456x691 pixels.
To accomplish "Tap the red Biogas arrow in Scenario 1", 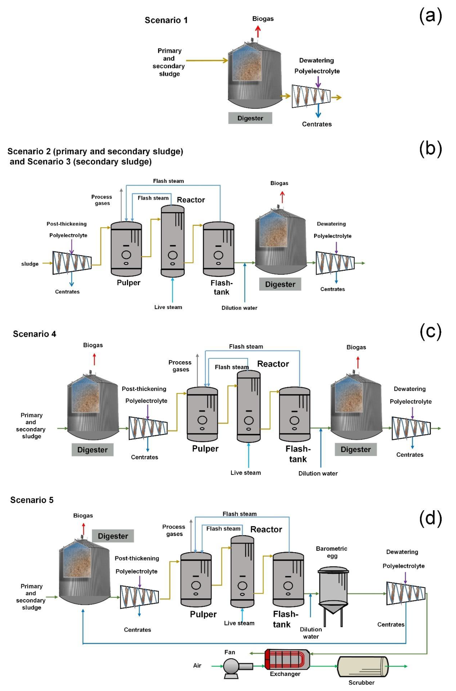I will (258, 31).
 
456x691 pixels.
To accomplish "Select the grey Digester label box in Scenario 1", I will (250, 118).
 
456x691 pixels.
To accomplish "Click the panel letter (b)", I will (430, 149).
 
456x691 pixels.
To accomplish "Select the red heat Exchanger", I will (287, 660).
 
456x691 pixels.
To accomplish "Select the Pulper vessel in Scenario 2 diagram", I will (126, 249).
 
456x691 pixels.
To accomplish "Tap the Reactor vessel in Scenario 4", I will (249, 406).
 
